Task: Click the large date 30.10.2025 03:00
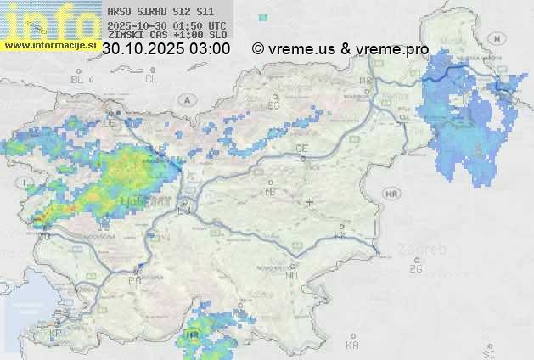[x=166, y=49]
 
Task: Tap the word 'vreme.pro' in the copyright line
[x=392, y=49]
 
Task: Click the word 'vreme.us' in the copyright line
[x=301, y=49]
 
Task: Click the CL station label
[x=151, y=79]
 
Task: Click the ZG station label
[x=415, y=269]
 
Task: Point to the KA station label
[x=352, y=346]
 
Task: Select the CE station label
[x=301, y=149]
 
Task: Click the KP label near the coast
[x=56, y=334]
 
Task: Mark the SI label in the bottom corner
[x=487, y=351]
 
